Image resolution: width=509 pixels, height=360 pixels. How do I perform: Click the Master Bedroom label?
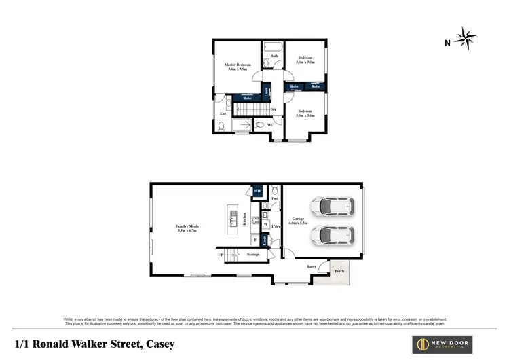click(238, 67)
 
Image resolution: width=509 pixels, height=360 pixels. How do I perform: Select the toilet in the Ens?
click(223, 126)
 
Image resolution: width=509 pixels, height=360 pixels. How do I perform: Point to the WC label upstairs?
click(269, 125)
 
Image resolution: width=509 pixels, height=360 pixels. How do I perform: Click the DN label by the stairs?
click(273, 109)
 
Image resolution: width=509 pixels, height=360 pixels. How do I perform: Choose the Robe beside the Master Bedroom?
click(248, 98)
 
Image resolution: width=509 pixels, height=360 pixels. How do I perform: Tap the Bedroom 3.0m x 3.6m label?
click(304, 113)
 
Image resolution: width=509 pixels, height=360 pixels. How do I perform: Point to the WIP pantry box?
click(257, 191)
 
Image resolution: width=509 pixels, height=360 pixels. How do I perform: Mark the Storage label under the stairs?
click(253, 254)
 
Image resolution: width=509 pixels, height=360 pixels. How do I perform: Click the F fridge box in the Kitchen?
click(254, 239)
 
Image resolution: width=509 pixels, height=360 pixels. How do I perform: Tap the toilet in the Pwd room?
click(274, 192)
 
